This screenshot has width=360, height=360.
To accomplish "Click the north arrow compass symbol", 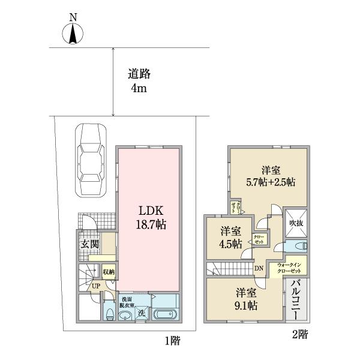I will [x=72, y=34].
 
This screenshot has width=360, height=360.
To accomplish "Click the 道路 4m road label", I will [x=139, y=82].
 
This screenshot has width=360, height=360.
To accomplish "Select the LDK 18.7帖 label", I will [x=149, y=218].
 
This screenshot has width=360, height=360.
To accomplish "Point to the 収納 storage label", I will [x=109, y=272].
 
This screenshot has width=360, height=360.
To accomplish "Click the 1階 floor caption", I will [x=172, y=341].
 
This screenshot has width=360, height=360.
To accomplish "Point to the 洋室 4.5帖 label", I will [x=231, y=238].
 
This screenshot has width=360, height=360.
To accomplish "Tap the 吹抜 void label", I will [x=295, y=223].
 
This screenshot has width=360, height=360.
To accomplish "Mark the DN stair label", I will [x=259, y=268].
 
